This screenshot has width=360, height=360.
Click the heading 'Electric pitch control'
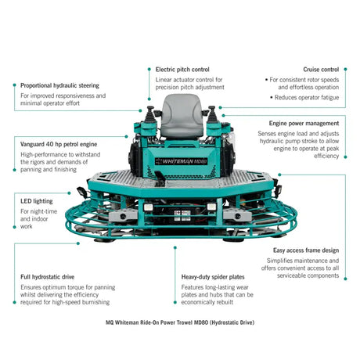coord(182,70)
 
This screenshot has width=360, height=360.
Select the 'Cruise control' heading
coord(321,70)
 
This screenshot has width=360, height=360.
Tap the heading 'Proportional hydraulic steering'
coord(59,85)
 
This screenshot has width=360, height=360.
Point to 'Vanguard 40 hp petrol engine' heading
coord(59,144)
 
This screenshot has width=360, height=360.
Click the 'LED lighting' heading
coord(37,201)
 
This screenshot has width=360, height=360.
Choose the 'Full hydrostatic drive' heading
coord(48,277)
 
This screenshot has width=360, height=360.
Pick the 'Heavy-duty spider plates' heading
coord(213,277)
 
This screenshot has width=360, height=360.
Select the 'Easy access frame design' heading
coord(306,250)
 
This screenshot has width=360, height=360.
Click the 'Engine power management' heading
coord(304,124)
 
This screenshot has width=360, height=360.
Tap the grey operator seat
coord(182,116)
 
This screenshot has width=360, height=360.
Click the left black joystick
coord(150,114)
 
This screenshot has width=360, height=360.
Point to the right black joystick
coord(211,114)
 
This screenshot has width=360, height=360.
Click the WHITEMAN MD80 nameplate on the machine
coord(182,161)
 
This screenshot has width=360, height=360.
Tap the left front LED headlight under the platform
coord(148,207)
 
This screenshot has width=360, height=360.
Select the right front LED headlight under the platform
coord(211,207)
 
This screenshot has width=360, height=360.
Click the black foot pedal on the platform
coord(160,178)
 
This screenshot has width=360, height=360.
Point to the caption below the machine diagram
coord(180,322)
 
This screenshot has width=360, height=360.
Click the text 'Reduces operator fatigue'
coord(307,98)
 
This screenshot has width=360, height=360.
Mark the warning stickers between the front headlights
coord(182,216)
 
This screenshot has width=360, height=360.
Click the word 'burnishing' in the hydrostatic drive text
coord(95,302)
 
